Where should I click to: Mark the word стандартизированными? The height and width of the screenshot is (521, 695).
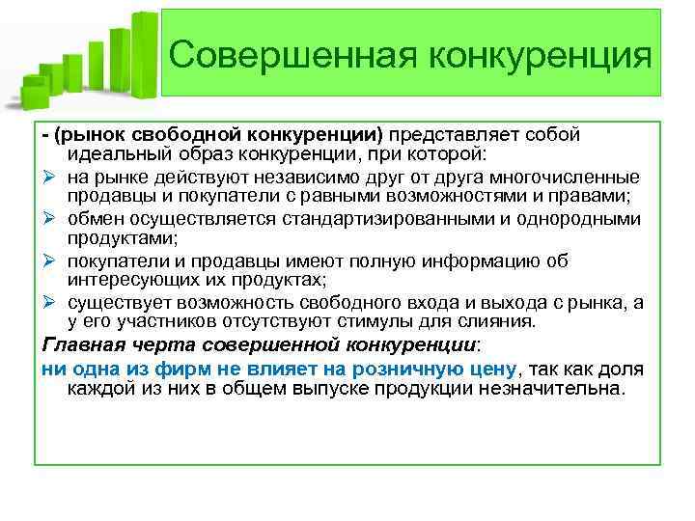point(390,219)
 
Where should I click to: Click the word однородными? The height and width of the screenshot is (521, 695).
point(579,219)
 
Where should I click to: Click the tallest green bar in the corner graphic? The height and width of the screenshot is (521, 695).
point(144,53)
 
